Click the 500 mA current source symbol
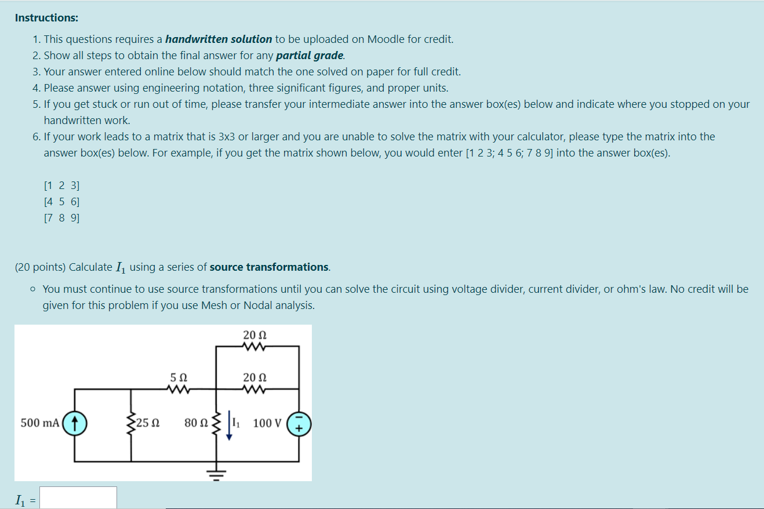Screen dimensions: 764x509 point(74,423)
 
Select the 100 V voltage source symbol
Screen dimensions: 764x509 point(299,423)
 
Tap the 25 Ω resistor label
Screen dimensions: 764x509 point(149,423)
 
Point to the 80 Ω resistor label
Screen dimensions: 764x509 point(196,423)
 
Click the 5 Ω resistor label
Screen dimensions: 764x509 point(178,378)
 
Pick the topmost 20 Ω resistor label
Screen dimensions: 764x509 point(255,335)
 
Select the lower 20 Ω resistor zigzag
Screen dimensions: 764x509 point(255,389)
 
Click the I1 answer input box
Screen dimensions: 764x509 point(78,498)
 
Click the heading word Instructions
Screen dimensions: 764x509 point(46,18)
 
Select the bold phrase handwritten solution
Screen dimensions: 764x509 point(219,39)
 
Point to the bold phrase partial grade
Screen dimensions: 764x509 point(310,56)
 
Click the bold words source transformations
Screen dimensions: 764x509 point(269,267)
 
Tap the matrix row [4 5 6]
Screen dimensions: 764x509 point(61,202)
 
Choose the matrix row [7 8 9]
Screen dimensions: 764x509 point(61,218)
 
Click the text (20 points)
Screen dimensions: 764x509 point(40,267)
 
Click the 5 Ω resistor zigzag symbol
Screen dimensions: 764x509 point(178,389)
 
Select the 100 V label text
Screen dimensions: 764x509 point(267,423)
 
